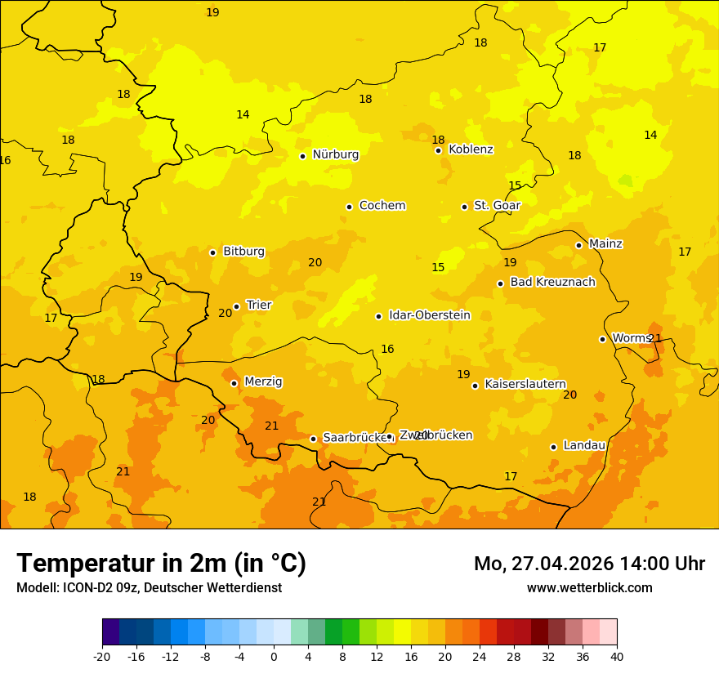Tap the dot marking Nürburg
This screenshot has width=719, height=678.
pyautogui.click(x=302, y=156)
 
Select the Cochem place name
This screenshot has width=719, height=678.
pyautogui.click(x=382, y=206)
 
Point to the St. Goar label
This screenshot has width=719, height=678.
pyautogui.click(x=497, y=206)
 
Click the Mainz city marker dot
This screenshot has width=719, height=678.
pyautogui.click(x=578, y=245)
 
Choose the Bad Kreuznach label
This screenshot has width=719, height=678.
pyautogui.click(x=552, y=283)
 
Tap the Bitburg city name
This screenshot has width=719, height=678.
pyautogui.click(x=243, y=252)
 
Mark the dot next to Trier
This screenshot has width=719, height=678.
pyautogui.click(x=236, y=306)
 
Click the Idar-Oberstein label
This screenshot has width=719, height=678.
pyautogui.click(x=429, y=315)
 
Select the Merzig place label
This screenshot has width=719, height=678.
pyautogui.click(x=263, y=381)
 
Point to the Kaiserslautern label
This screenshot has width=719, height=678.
pyautogui.click(x=525, y=384)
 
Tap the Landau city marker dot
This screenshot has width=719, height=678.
pyautogui.click(x=553, y=447)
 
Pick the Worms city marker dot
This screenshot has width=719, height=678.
pyautogui.click(x=602, y=339)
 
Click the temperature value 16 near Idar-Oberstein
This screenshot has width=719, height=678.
pyautogui.click(x=387, y=350)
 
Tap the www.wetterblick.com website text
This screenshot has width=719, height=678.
pyautogui.click(x=589, y=588)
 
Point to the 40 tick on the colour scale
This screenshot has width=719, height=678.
pyautogui.click(x=617, y=656)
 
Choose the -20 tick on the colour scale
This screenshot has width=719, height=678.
pyautogui.click(x=102, y=656)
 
